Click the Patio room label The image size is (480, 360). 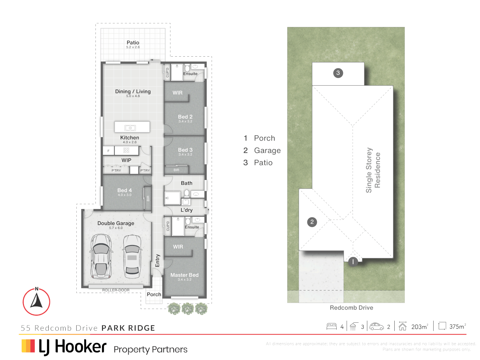point(133,43)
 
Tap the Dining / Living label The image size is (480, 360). point(133,91)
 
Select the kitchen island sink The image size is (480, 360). point(130,128)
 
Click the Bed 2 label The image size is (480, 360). point(185,117)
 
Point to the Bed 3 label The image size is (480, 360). point(185,150)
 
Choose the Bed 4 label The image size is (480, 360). point(124,190)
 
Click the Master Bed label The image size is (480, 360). point(184,275)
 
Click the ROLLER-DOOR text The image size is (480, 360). point(116,290)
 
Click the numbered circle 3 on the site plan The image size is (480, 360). point(338,73)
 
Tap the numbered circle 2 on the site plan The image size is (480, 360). point(312,222)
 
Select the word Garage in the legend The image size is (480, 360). point(267,150)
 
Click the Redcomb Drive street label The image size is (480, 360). point(351,308)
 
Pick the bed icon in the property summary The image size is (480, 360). point(331,326)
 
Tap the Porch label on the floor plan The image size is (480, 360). point(154,294)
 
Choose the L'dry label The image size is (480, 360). point(186,210)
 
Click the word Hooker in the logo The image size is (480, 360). point(81,347)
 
